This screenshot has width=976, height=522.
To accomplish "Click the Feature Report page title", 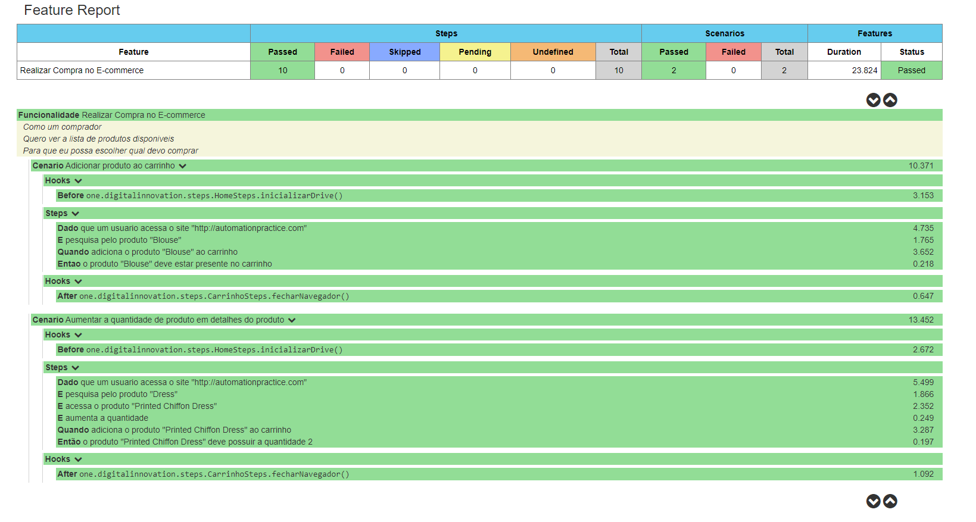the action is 72,10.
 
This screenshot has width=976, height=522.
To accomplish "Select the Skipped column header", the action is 404,52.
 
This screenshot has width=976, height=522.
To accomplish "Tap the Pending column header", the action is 475,52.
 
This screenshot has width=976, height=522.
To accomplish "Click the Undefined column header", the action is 553,52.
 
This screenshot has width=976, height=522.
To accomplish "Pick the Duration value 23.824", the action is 864,70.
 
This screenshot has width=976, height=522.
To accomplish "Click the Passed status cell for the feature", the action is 911,70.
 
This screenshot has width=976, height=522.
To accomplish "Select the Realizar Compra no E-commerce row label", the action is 82,70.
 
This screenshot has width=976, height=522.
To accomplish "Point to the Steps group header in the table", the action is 446,33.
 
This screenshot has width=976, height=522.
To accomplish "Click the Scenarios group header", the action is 724,33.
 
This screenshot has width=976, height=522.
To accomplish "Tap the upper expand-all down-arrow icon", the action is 873,100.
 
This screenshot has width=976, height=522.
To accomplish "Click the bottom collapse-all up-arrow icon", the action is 890,501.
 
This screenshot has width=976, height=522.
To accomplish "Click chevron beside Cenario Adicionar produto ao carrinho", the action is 183,166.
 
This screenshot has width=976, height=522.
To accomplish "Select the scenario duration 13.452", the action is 921,320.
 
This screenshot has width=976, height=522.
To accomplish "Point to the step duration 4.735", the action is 923,228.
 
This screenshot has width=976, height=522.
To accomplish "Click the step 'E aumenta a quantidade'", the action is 103,418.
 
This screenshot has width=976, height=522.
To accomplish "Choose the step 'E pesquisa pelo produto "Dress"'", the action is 117,394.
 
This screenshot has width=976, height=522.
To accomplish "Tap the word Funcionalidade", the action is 49,115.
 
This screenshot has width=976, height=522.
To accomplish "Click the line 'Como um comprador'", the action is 63,127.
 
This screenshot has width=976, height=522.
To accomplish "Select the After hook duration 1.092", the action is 923,474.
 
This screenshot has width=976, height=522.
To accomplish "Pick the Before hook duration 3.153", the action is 923,195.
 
